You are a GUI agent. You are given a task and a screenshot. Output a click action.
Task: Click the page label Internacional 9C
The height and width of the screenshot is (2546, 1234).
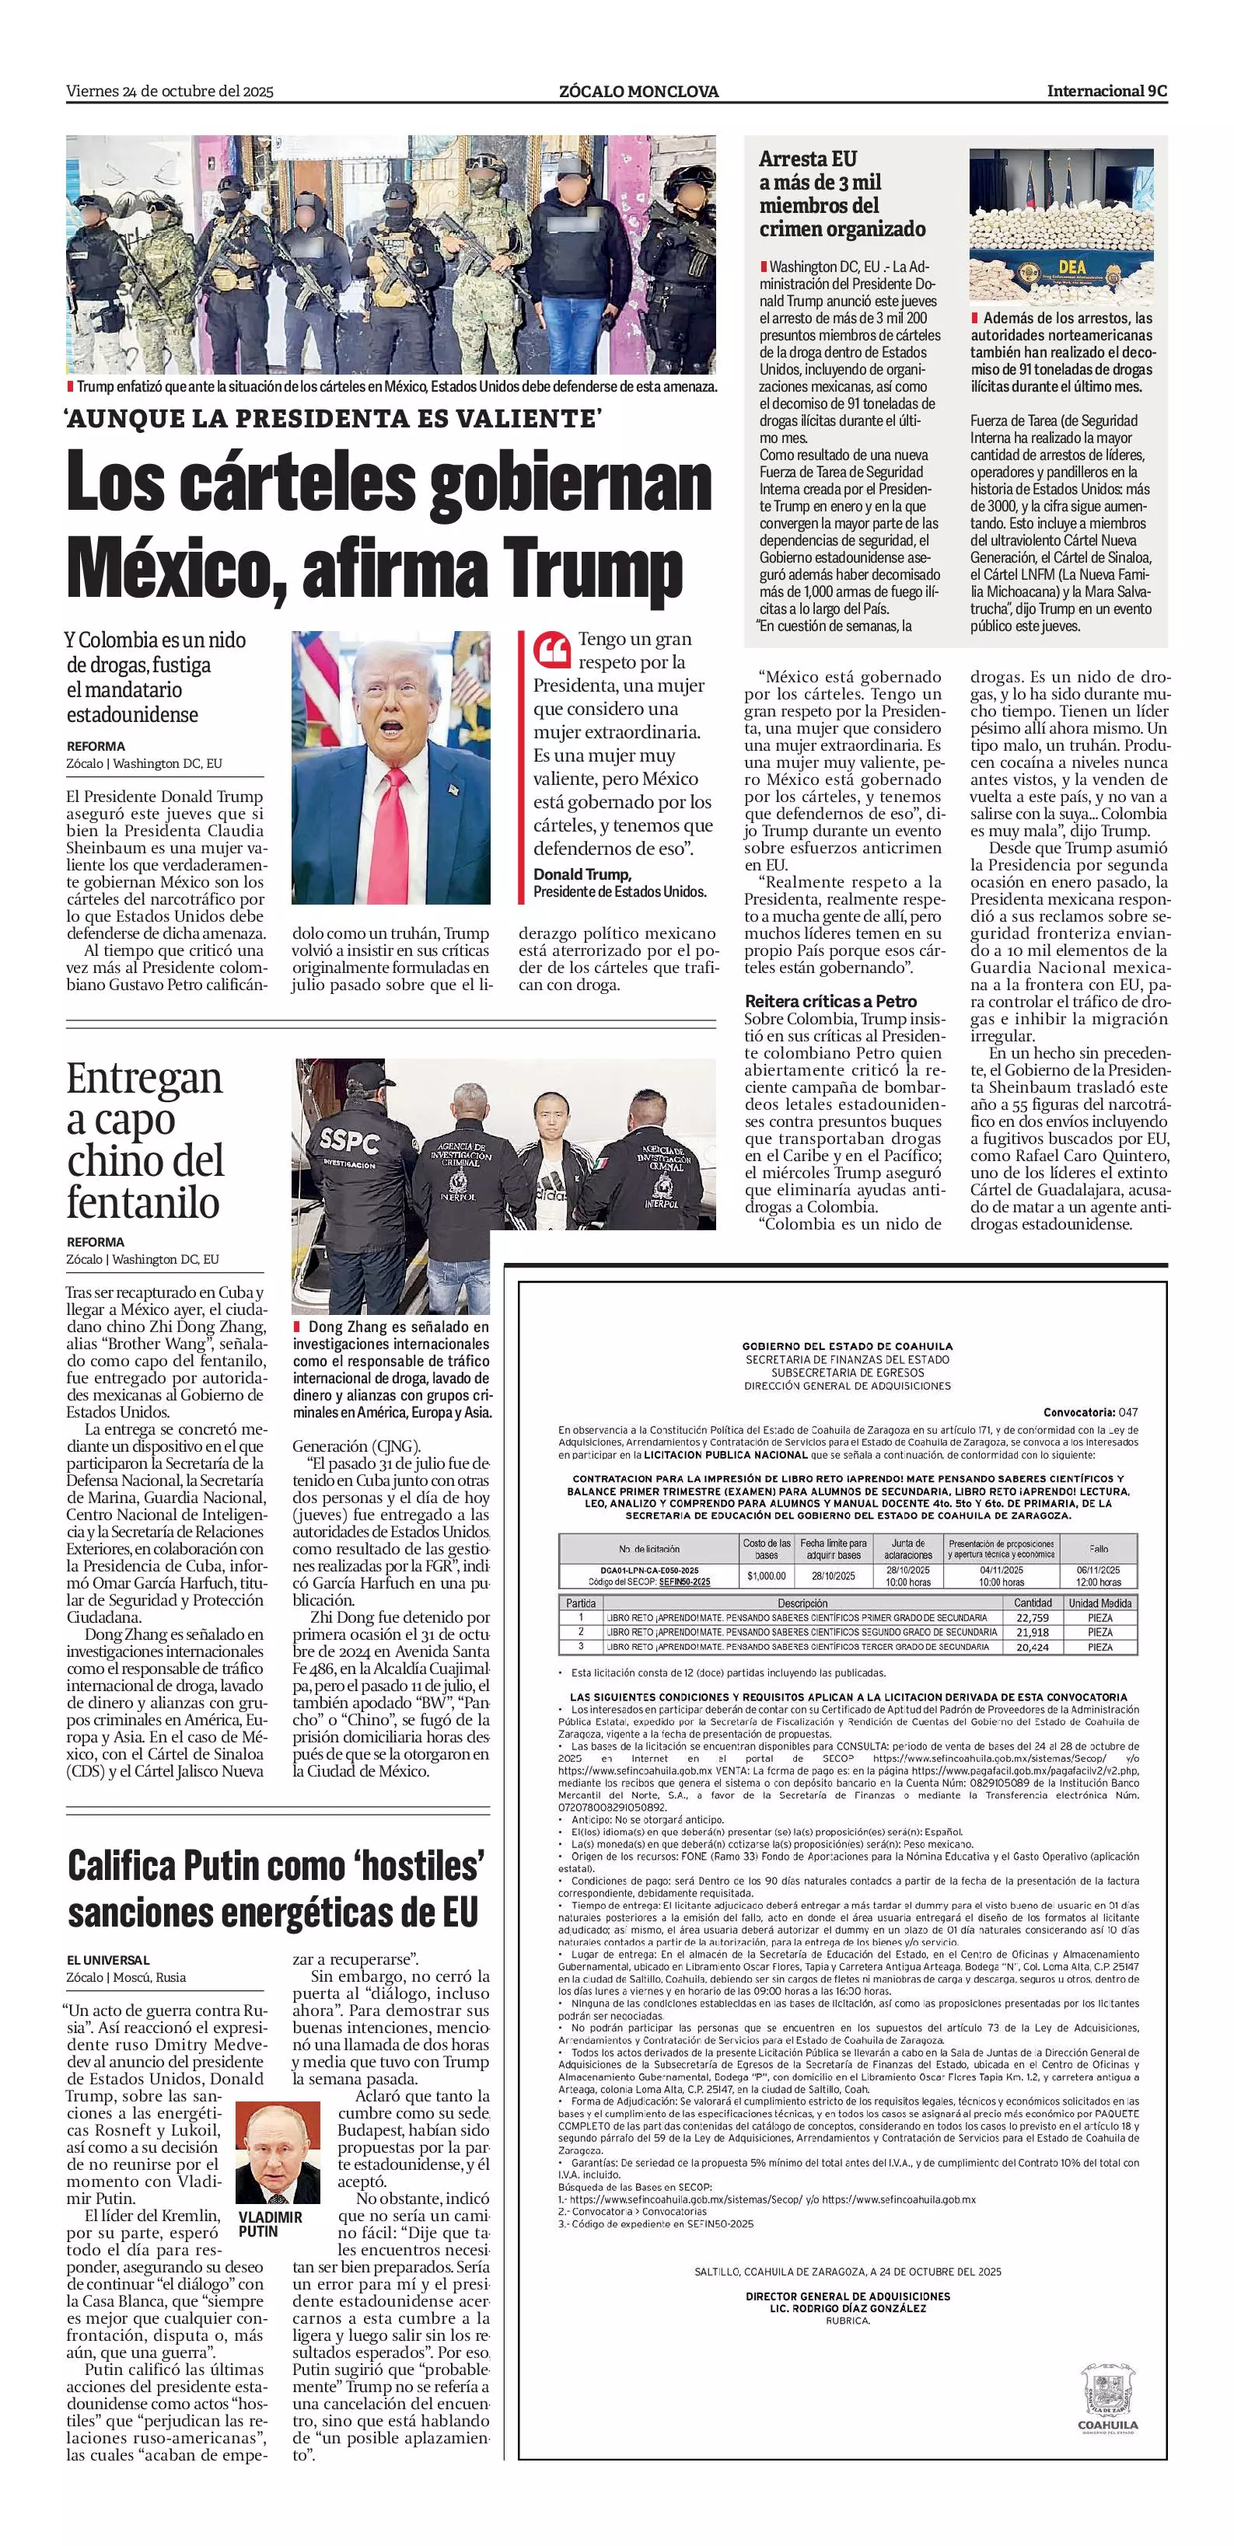point(1106,91)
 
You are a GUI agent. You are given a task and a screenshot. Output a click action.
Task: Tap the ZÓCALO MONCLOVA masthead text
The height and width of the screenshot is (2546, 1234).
point(638,92)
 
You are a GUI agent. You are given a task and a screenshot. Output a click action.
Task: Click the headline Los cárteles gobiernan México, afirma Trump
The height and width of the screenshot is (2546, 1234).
point(390,525)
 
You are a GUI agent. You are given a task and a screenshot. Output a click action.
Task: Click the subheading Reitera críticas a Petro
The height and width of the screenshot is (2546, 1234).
point(830,1001)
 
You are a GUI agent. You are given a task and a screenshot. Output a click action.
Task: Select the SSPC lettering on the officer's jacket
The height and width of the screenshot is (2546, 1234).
point(349,1142)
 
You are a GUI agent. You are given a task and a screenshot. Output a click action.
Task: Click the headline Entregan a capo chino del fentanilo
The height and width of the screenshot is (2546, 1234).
point(145,1141)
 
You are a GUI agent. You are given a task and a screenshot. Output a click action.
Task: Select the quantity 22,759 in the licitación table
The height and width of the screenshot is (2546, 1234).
point(1033,1618)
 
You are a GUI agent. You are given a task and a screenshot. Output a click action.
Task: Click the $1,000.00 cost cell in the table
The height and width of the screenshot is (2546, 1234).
point(767,1575)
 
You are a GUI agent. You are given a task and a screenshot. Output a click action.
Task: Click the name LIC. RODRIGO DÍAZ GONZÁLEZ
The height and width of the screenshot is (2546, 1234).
point(848,2309)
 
